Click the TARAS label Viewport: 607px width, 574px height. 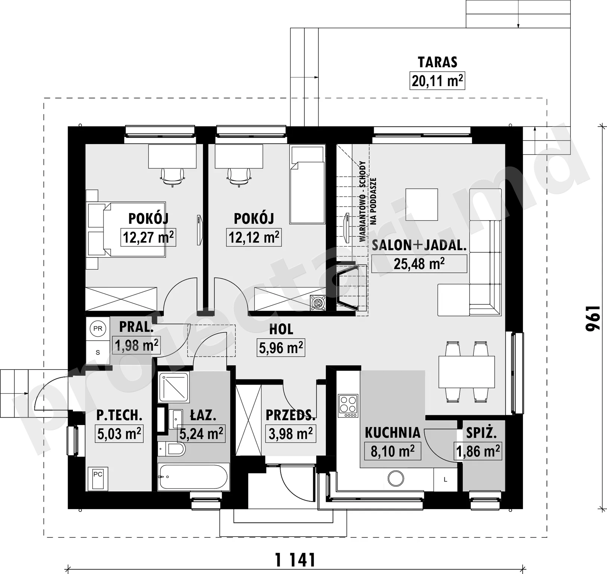tap(437, 62)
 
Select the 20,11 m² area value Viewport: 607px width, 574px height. tap(437, 80)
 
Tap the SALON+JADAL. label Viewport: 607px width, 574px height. tap(419, 245)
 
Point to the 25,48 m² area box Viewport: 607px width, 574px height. tap(419, 264)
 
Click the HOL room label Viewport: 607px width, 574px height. tap(281, 329)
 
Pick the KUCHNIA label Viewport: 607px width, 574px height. tap(392, 433)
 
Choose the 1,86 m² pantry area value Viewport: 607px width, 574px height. tap(478, 451)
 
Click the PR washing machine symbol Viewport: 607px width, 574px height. tap(98, 329)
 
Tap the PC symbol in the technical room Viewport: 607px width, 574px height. tap(98, 478)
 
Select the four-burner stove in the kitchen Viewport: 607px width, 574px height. tap(348, 406)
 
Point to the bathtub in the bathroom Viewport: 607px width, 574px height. tap(193, 477)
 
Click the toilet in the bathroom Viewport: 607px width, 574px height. tap(172, 449)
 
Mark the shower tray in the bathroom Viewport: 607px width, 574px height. tap(174, 387)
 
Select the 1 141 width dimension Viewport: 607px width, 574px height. tap(295, 560)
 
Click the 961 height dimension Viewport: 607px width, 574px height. tap(592, 318)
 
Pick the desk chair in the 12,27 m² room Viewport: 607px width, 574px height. tap(173, 177)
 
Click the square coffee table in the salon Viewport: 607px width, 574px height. tap(422, 205)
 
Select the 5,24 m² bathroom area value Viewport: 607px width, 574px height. tap(201, 433)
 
